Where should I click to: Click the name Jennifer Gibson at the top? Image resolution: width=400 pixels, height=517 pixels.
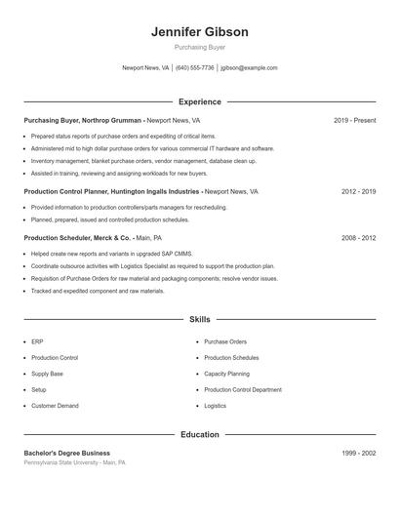coord(199,32)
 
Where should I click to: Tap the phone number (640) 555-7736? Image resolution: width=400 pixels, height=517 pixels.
coord(194,68)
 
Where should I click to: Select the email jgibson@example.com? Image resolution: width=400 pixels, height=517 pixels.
coord(249,68)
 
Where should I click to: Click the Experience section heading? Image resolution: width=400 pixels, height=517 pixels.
coord(199,101)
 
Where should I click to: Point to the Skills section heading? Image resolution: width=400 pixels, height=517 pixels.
coord(199,319)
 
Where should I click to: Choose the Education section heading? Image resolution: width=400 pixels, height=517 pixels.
coord(199,434)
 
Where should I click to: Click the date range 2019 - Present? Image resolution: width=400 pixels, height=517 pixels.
coord(354,120)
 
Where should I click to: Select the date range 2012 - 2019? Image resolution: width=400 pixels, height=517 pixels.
coord(358,192)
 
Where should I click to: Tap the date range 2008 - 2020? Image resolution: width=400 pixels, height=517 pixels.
coord(358,237)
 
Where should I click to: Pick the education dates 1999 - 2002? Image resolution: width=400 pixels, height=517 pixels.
coord(358,453)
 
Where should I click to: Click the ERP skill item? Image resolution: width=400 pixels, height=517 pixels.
coord(36,342)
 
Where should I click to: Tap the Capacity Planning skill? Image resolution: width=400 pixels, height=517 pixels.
coord(227,374)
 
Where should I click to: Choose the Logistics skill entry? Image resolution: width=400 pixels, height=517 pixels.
coord(215,405)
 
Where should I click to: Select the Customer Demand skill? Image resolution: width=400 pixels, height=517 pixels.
coord(55,405)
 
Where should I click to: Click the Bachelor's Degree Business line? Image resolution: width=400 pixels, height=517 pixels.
coord(66,453)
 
